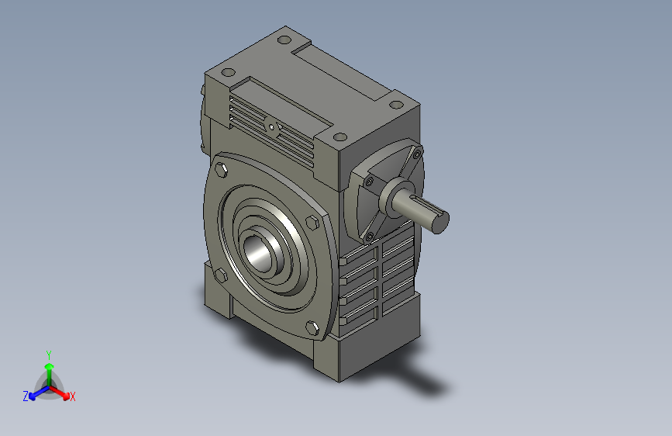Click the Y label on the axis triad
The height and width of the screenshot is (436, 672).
coord(49,355)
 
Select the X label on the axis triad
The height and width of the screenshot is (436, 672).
coord(72,396)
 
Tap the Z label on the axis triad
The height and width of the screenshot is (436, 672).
coord(26,396)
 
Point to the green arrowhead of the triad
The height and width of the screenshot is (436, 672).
coord(50,366)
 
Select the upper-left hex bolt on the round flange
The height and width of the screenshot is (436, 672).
coord(221,170)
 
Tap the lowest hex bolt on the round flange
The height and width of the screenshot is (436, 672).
coord(312,328)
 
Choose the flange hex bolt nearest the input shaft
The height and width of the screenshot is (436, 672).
coord(312,223)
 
